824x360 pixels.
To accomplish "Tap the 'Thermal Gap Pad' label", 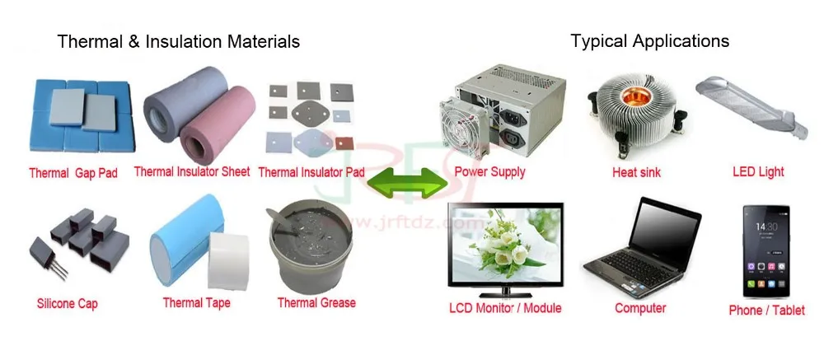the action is [73, 174].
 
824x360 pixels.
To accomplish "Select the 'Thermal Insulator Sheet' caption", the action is [192, 171].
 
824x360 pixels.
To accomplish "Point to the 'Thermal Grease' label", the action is [316, 302].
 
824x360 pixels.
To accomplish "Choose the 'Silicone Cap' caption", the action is [68, 304].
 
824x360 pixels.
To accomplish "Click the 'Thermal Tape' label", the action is [196, 302].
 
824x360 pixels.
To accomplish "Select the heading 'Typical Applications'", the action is [650, 40].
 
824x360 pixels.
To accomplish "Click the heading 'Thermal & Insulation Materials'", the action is [178, 41].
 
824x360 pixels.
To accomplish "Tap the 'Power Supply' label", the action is [489, 172].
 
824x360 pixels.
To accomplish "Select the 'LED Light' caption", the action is [758, 172].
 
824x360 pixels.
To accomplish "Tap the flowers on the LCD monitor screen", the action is [502, 252].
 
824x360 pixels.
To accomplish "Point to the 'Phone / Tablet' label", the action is [765, 310].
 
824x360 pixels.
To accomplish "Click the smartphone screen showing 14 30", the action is [765, 247].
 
